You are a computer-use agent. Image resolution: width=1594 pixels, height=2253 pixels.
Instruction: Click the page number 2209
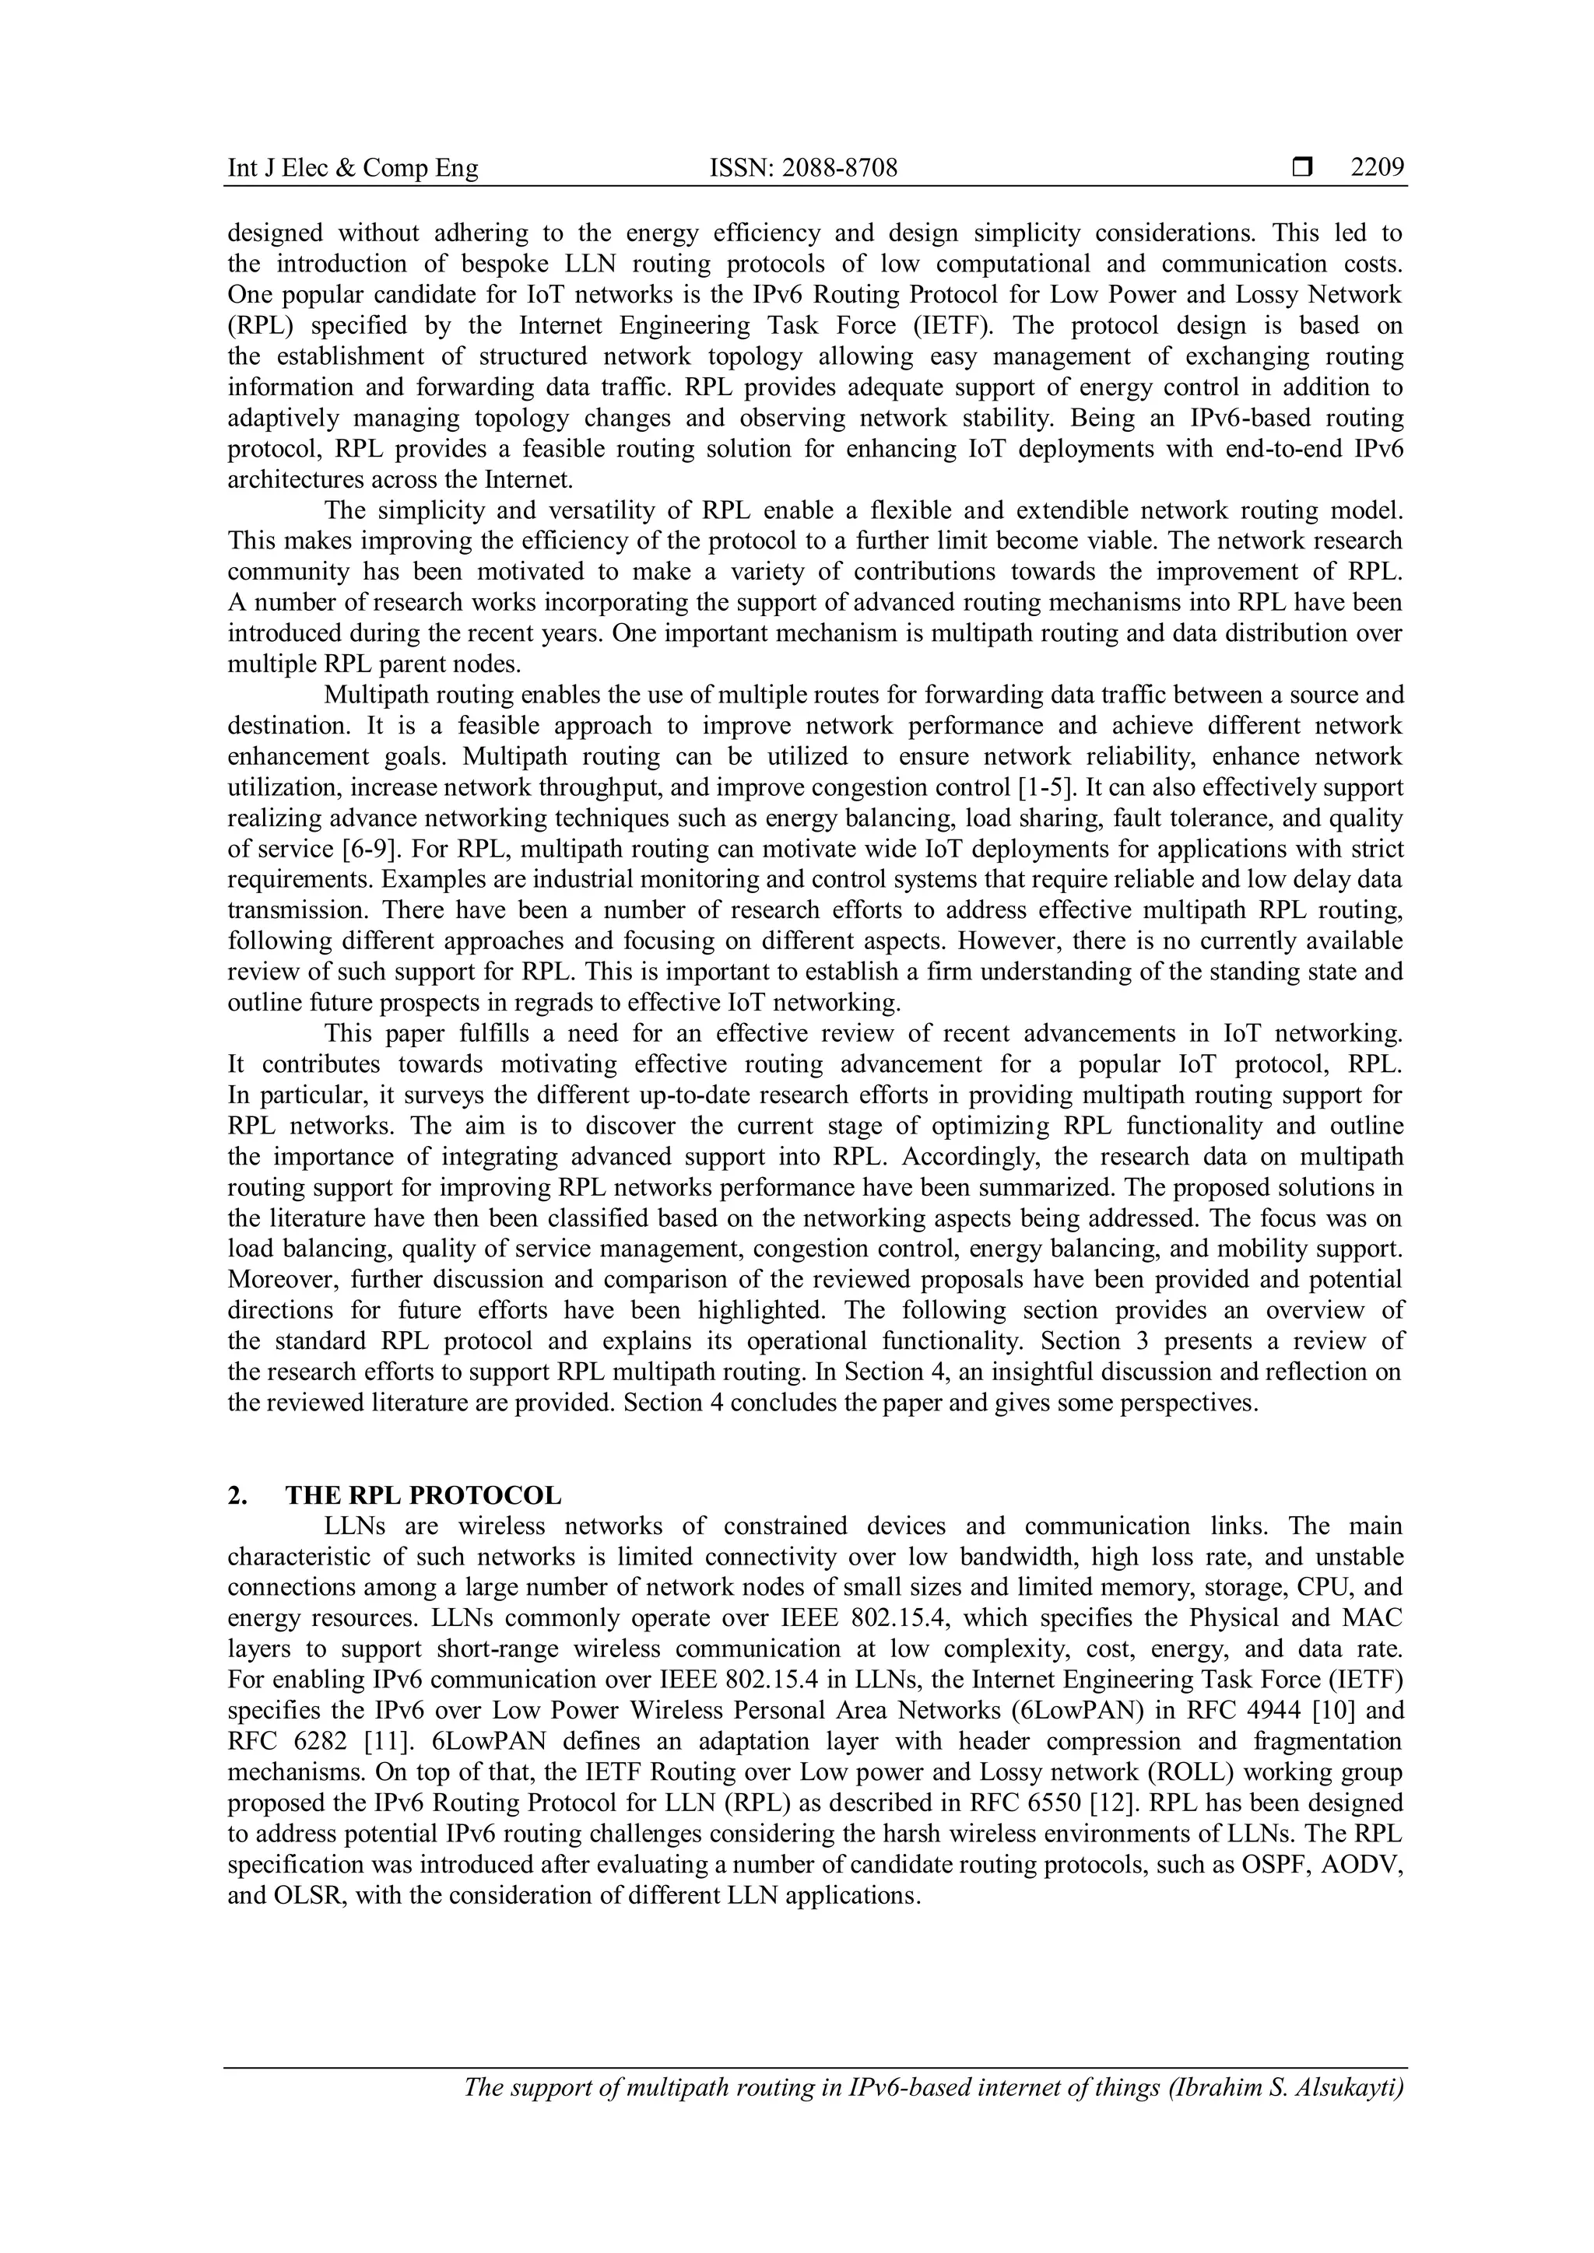click(x=1377, y=169)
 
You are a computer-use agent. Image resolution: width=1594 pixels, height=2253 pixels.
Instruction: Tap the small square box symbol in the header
click(x=1302, y=169)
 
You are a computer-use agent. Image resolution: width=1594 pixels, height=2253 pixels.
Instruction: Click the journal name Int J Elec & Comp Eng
click(x=353, y=169)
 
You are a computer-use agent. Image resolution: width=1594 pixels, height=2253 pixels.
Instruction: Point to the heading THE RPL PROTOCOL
click(x=423, y=1495)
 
